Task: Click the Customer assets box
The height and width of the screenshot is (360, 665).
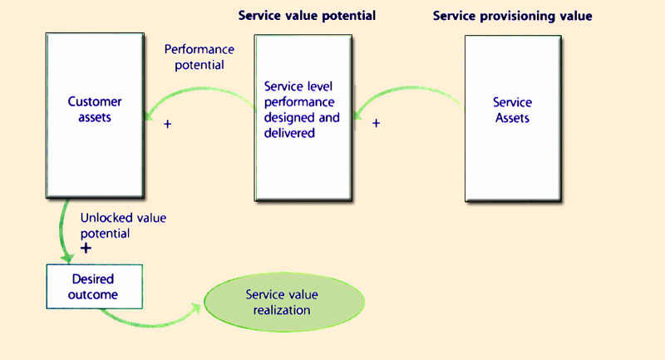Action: pos(94,116)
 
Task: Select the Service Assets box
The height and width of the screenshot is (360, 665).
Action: pos(512,118)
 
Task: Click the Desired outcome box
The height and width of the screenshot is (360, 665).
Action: pos(93,286)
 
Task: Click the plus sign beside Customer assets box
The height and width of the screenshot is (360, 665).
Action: pos(168,125)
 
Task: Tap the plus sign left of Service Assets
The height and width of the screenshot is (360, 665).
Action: pos(376,123)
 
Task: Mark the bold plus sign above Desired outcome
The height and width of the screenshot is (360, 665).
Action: pos(85,249)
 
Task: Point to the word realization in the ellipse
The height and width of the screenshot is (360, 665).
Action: pos(283,310)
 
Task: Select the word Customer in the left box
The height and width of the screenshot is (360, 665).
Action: pos(95,102)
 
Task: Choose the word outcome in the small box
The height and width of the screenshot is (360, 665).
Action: pos(93,293)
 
